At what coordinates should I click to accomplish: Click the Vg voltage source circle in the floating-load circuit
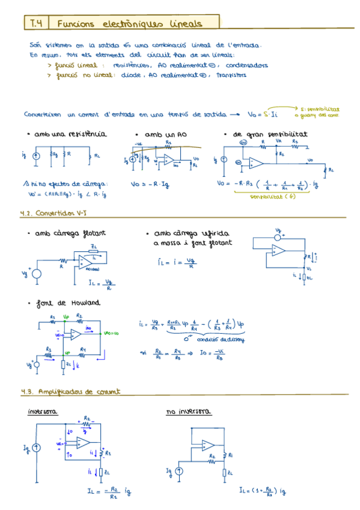(37, 274)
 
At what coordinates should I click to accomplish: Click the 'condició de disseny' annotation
(225, 340)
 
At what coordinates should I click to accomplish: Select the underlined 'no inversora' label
(187, 412)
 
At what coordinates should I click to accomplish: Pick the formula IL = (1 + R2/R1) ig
(262, 491)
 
